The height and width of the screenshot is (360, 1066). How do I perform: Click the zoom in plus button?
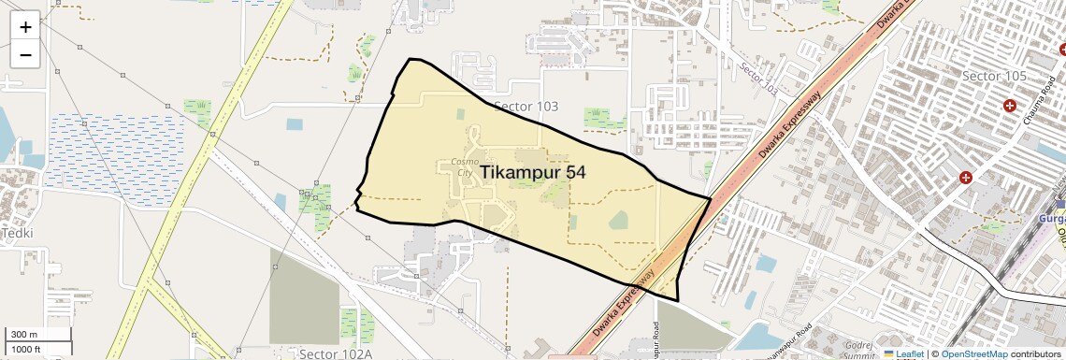pos(25,27)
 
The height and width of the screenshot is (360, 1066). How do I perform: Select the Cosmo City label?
pos(465,167)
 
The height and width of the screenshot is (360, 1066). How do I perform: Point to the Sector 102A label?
pos(336,353)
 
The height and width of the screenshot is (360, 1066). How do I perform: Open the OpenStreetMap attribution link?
pos(973,353)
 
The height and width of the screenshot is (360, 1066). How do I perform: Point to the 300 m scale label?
pos(24,335)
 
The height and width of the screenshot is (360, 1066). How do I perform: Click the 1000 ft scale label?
pos(26,349)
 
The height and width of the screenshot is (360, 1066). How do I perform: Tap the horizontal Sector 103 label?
pos(526,107)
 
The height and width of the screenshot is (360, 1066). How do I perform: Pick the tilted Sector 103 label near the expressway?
pos(757,79)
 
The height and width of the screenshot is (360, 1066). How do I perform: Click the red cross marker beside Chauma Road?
pos(1009,106)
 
